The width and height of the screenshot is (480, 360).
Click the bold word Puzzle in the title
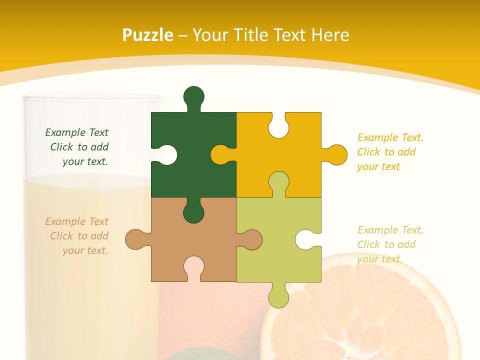pyautogui.click(x=147, y=35)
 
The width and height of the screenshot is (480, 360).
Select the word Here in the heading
pyautogui.click(x=329, y=35)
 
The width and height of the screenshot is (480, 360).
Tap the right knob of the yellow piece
pyautogui.click(x=336, y=154)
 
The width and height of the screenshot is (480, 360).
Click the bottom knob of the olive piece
pyautogui.click(x=278, y=297)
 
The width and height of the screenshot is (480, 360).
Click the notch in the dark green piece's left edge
pyautogui.click(x=167, y=154)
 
